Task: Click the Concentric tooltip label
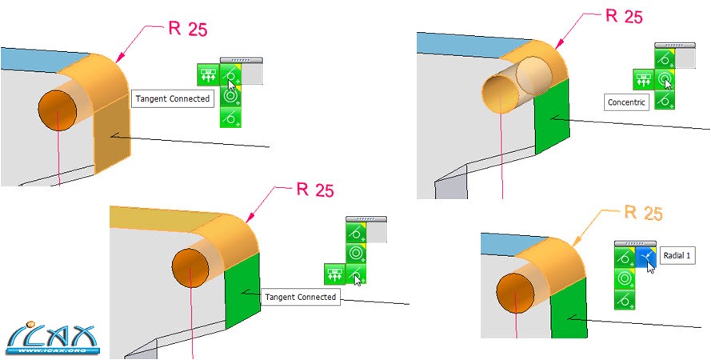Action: [625, 102]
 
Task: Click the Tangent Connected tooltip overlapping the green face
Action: [300, 297]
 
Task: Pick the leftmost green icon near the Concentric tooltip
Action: [643, 78]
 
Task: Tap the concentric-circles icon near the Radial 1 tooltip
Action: [624, 278]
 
